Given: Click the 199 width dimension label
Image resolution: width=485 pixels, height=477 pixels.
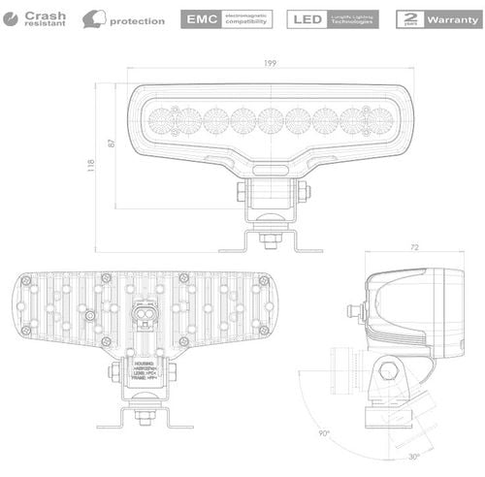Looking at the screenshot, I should (x=270, y=63).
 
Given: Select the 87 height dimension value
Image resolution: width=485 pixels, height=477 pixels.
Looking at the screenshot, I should (x=112, y=143).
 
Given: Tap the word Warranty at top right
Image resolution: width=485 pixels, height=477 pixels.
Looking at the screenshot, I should (x=453, y=19).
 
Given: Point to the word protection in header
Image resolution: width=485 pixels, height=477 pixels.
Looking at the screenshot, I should (x=137, y=20).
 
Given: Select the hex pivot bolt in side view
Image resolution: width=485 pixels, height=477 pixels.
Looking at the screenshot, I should (x=390, y=370).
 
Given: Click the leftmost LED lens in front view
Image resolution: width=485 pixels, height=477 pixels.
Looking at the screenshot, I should (x=162, y=121).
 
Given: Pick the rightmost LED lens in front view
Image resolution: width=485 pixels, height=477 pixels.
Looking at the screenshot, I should (x=378, y=121).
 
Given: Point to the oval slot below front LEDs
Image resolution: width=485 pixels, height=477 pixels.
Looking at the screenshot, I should (x=270, y=168).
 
